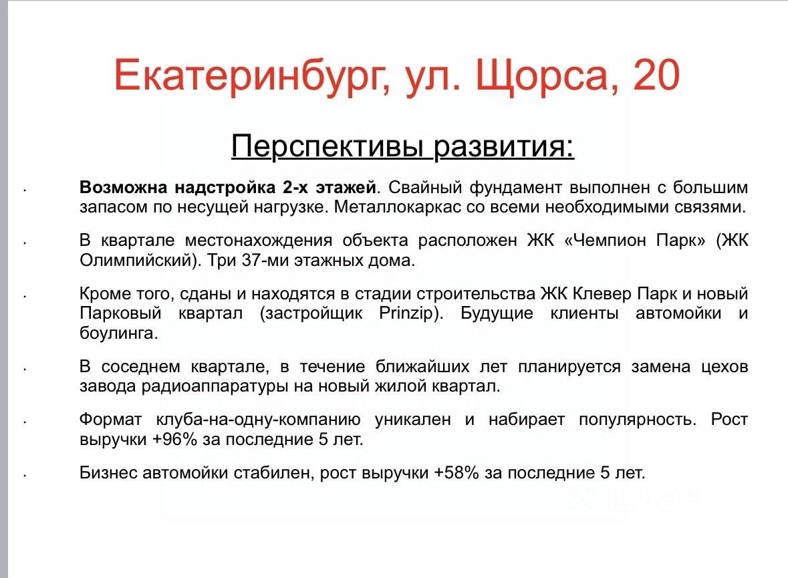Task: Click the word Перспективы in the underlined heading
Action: click(x=330, y=146)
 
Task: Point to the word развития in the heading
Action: click(x=503, y=146)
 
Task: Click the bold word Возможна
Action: click(x=123, y=187)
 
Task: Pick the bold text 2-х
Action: click(x=295, y=187)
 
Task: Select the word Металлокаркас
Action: click(x=398, y=206)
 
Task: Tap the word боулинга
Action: click(x=118, y=333)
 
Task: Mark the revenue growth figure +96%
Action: click(x=174, y=439)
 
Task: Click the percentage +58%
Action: click(x=456, y=472)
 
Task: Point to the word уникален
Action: click(x=413, y=419)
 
